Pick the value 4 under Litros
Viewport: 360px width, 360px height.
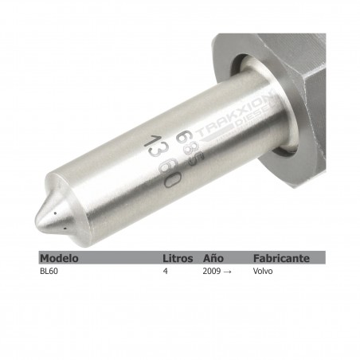[165, 271]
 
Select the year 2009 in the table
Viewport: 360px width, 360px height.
[211, 271]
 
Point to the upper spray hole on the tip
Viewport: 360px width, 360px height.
[54, 213]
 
